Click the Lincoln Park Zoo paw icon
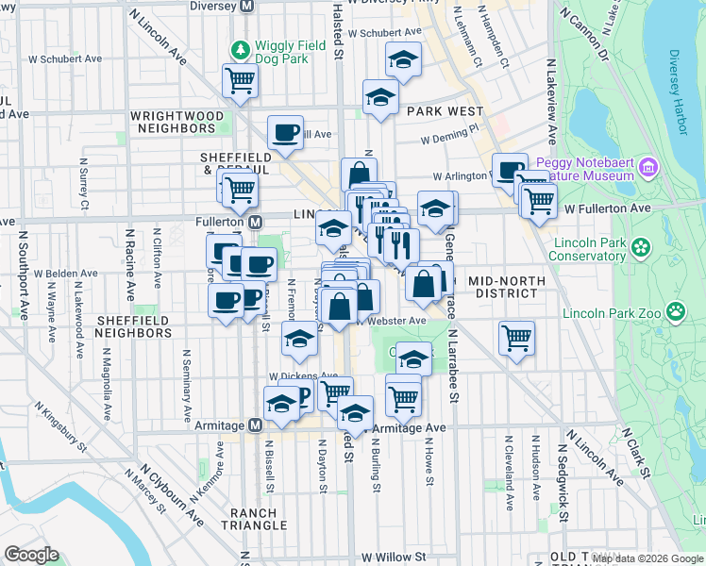coord(676,311)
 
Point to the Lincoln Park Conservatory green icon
coord(642,247)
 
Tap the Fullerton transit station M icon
coord(255,222)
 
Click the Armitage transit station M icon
coord(255,425)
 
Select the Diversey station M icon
coord(248,5)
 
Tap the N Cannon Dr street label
coord(584,34)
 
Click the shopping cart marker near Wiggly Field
coord(240,80)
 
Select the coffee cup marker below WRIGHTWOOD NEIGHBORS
coord(284,132)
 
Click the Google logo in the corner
coord(31,555)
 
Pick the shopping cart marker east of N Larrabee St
coord(516,337)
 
